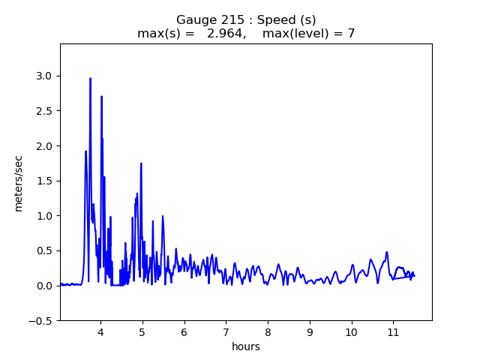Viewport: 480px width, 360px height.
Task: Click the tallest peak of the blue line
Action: point(90,78)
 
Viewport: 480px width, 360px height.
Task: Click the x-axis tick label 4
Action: point(100,331)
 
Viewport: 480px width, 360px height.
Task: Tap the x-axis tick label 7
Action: point(226,331)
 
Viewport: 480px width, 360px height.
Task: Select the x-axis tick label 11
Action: point(393,331)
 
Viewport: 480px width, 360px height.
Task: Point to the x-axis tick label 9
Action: point(309,331)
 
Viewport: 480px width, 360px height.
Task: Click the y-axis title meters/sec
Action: point(19,183)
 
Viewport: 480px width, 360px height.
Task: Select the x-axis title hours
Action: point(246,346)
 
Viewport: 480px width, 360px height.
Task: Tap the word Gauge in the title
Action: point(193,19)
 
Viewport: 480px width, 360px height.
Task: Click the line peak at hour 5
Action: point(141,163)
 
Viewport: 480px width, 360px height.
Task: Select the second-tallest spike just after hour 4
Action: point(101,96)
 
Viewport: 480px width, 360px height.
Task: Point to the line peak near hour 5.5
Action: point(162,216)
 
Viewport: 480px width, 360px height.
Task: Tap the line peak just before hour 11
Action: point(387,252)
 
